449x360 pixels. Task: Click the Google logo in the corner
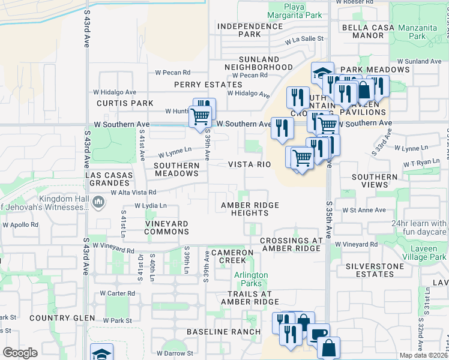click(20, 352)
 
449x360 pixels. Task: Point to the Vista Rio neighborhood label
click(246, 164)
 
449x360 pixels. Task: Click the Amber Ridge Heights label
click(250, 209)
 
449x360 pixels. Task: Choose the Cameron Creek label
click(228, 256)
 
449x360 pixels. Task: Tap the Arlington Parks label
click(251, 279)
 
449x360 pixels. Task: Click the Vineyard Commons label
click(167, 227)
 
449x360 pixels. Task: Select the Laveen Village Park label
click(421, 253)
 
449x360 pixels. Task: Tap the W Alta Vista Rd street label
click(133, 193)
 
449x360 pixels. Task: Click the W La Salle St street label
click(304, 39)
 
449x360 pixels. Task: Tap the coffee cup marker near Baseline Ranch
click(318, 333)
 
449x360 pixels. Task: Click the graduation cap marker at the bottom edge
click(101, 352)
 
